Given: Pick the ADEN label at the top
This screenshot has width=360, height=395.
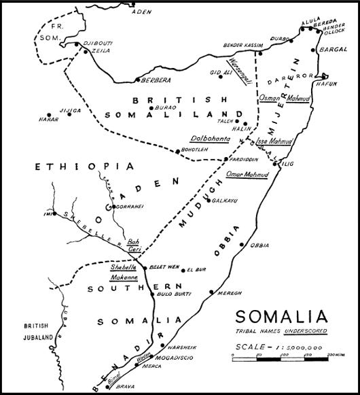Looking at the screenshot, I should (x=141, y=12).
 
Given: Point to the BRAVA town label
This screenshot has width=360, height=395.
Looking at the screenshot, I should (x=111, y=390).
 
